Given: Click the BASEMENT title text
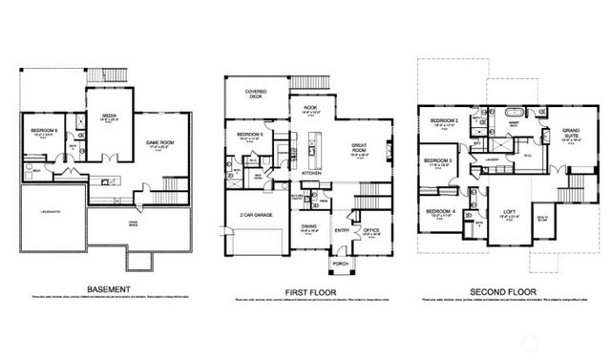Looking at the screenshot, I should [x=108, y=289].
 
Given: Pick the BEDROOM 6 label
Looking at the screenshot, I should [x=45, y=130].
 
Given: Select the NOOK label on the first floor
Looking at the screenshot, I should [x=309, y=108].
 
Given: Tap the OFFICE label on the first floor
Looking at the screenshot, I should [x=370, y=228].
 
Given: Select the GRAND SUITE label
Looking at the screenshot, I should [x=571, y=131].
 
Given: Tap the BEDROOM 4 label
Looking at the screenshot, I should [x=440, y=211].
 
